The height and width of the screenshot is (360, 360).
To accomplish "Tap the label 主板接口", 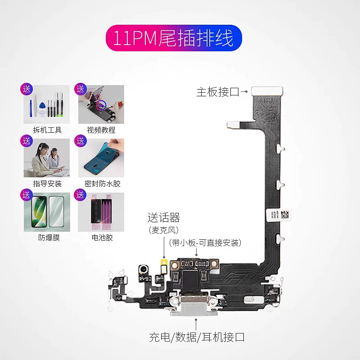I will tap(217, 92).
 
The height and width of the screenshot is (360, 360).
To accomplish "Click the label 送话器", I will tap(164, 219).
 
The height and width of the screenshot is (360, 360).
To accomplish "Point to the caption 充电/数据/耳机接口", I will tap(197, 337).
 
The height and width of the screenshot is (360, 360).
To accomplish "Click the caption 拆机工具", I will tap(47, 130).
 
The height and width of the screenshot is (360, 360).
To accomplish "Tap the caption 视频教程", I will tap(101, 130).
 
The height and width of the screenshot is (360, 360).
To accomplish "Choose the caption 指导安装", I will tap(47, 184).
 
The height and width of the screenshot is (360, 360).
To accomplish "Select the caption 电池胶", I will tap(102, 238).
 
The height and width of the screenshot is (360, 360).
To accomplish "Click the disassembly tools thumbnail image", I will tap(47, 104).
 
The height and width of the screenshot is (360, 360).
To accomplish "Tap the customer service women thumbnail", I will tap(47, 158).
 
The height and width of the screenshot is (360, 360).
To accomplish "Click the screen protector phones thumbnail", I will tap(47, 211).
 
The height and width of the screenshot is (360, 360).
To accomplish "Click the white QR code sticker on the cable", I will tap(280, 215).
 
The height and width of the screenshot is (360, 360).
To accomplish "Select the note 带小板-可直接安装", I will tap(205, 243).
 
